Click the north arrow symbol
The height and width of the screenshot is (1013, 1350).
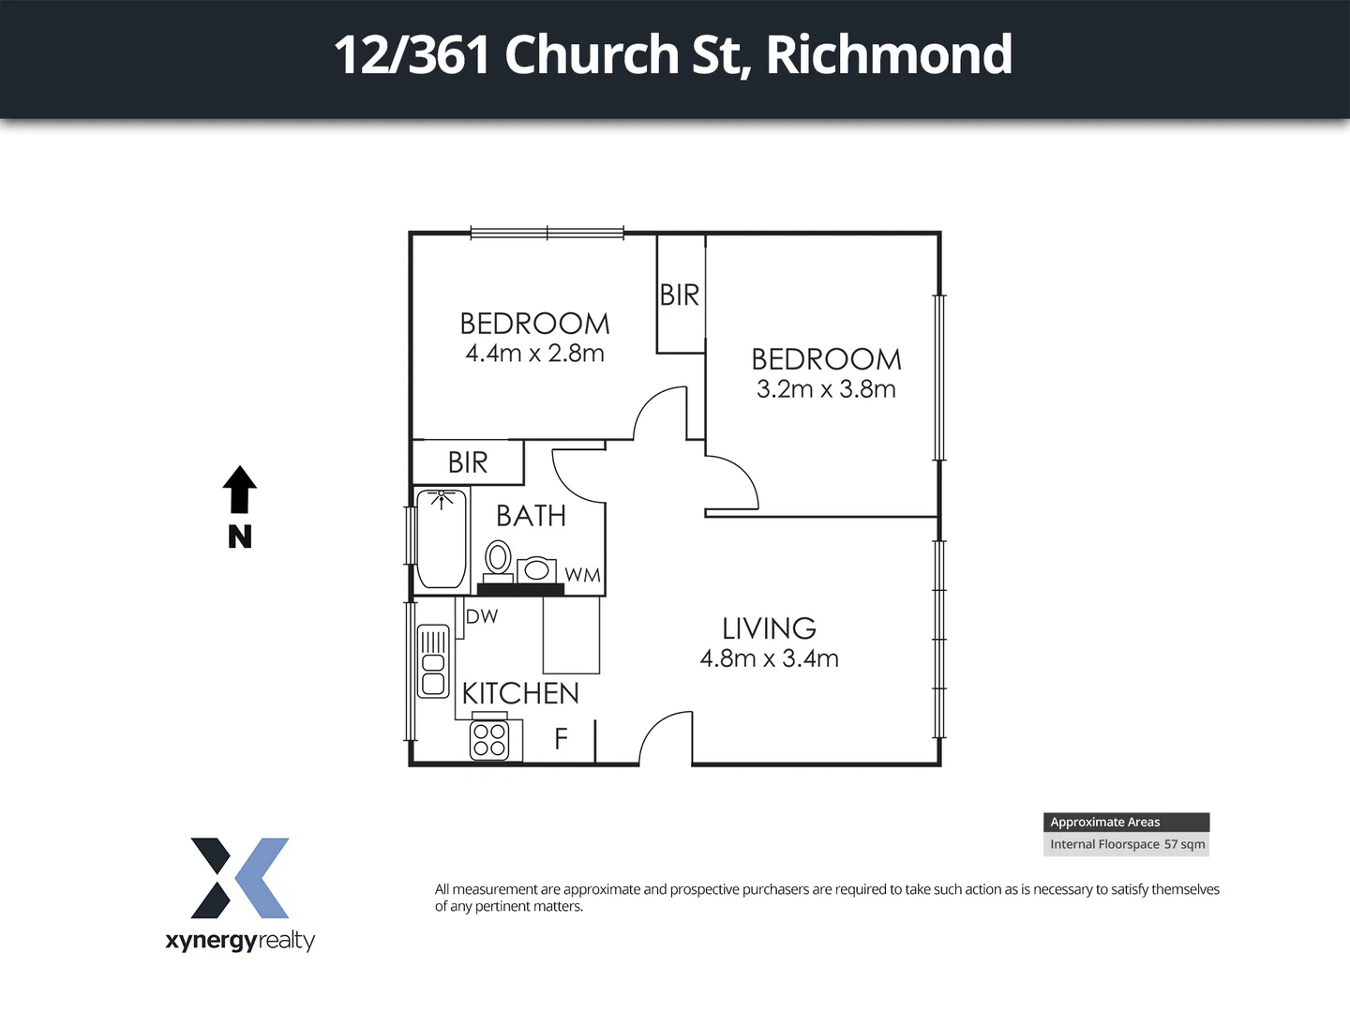coord(239,490)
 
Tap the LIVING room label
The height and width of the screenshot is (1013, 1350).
coord(769,628)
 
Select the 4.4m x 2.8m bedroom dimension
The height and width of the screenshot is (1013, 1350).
coord(534,354)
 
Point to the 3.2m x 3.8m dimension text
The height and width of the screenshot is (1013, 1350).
coord(826,389)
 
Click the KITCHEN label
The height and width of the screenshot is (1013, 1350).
coord(520,694)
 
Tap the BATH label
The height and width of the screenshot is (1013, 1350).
coord(531,516)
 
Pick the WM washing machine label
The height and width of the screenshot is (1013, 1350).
coord(582,575)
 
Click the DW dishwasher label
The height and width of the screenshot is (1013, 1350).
coord(482,616)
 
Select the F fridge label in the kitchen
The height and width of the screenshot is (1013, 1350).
coord(561,739)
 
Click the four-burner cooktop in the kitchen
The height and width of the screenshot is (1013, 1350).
coord(489,740)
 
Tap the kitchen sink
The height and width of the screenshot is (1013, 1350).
coord(433,662)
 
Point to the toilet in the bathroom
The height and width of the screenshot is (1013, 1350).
coord(498,559)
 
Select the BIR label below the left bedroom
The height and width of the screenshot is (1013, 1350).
coord(468,462)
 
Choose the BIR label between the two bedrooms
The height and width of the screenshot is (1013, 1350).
coord(680,295)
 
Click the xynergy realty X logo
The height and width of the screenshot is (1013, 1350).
coord(240,878)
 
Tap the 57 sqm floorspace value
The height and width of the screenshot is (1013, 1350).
coord(1184,844)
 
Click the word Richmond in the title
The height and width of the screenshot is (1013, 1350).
coord(889,54)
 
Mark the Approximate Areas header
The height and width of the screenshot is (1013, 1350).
coord(1105,822)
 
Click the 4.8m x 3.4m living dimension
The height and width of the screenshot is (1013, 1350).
coord(769,658)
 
